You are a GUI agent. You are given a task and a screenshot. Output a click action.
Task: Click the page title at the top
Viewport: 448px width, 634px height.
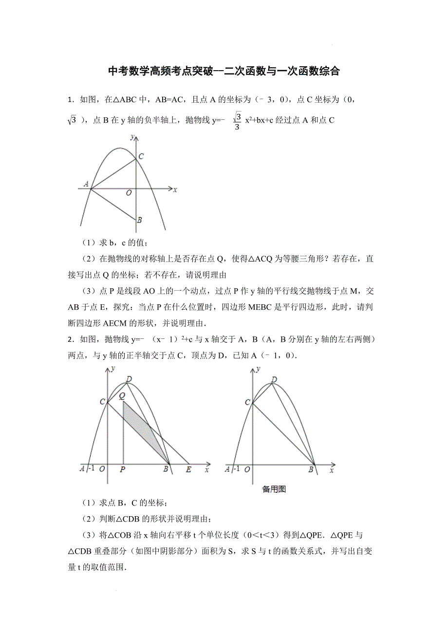point(224,72)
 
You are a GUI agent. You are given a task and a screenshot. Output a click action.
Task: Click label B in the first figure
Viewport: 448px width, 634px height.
point(139,220)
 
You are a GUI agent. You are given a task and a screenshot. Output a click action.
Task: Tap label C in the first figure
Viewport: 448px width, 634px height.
point(141,156)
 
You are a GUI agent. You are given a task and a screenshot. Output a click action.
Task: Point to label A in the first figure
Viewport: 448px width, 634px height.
point(86,184)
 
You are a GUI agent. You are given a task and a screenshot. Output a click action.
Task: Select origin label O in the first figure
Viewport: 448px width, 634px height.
point(129,193)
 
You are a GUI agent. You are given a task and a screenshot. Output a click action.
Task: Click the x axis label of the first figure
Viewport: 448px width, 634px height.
point(175,190)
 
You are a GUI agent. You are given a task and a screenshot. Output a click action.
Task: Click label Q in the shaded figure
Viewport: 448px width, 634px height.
point(122,395)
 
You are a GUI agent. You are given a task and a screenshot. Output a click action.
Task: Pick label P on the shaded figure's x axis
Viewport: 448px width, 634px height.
point(123,469)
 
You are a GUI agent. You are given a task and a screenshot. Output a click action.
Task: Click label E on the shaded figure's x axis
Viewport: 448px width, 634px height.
point(188,469)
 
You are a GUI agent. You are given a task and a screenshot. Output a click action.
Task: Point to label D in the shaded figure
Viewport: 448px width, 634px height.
point(129,379)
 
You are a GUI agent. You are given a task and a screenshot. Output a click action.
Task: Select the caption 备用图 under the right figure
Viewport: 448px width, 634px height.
point(274,489)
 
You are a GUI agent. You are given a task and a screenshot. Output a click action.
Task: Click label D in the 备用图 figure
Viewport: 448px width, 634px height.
point(274,379)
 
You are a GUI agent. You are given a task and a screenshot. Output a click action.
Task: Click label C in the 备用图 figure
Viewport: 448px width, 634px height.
point(247,402)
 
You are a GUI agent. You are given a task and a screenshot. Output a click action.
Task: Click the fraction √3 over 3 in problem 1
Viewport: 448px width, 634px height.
point(237,121)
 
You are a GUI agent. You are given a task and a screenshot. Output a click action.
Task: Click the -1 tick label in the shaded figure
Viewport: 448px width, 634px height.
point(91,469)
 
